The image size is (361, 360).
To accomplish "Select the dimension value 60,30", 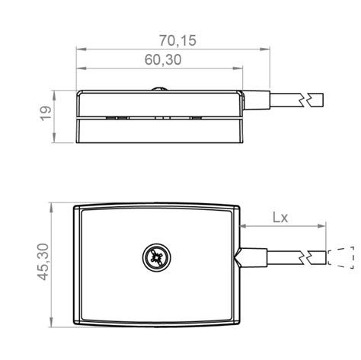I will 162,60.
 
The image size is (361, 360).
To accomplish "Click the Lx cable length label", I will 281,216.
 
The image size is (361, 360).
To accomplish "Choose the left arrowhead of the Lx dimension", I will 245,227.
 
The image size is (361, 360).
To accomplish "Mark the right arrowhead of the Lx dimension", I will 324,227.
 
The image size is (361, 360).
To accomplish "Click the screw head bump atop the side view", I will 161,88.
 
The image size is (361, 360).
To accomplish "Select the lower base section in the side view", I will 161,131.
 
